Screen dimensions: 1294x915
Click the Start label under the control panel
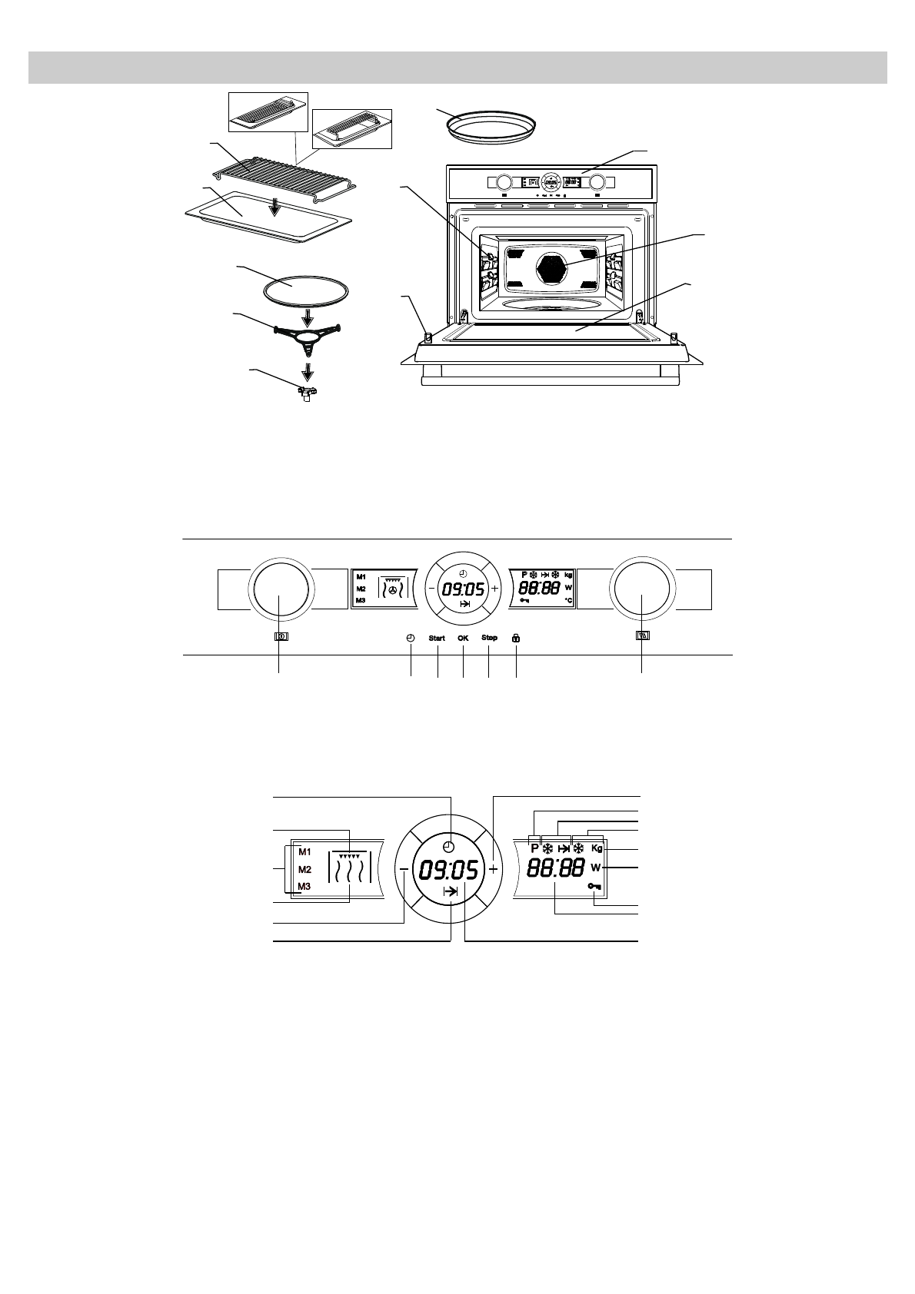(x=437, y=638)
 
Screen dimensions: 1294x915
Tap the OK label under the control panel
(x=463, y=638)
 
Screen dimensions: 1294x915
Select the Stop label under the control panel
(x=489, y=638)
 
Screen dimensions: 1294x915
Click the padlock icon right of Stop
(x=516, y=638)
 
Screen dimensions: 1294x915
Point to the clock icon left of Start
(x=411, y=638)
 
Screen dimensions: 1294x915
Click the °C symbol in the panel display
(x=568, y=601)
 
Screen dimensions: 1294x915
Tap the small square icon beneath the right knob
(x=642, y=635)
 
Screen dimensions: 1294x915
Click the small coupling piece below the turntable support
(x=308, y=393)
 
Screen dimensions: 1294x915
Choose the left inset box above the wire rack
(x=268, y=112)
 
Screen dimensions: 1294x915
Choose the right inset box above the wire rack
(x=353, y=128)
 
